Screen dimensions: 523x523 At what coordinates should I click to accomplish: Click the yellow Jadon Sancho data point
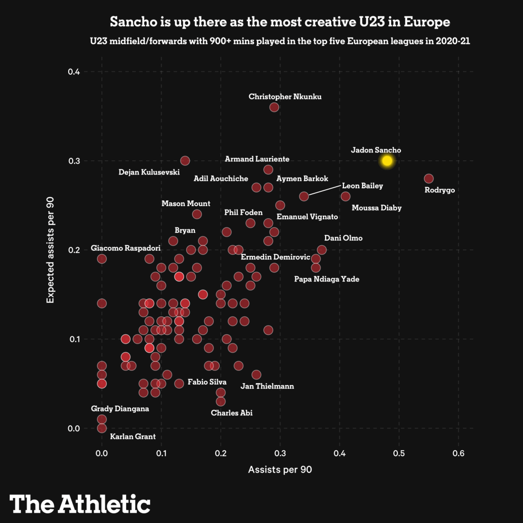point(387,161)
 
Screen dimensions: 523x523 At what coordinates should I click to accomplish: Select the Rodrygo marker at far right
point(429,179)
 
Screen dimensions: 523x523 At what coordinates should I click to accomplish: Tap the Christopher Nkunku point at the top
point(274,107)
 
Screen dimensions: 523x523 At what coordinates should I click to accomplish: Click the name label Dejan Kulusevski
point(149,172)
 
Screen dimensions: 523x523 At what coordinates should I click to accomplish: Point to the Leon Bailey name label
point(362,186)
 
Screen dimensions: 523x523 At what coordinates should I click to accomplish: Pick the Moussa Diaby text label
point(376,208)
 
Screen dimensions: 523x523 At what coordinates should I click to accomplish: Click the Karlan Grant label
point(133,437)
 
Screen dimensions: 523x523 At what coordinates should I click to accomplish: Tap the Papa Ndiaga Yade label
point(327,279)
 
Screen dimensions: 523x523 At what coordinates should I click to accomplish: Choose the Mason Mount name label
point(186,204)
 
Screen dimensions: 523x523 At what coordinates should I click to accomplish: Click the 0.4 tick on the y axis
point(74,72)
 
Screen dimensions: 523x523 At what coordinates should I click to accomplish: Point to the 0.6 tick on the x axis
point(459,453)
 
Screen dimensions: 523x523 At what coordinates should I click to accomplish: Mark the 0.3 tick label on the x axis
point(280,453)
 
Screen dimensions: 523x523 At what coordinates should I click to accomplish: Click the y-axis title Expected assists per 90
point(50,250)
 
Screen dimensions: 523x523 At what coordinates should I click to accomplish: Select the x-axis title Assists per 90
point(280,470)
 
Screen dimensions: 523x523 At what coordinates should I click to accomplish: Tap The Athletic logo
point(80,503)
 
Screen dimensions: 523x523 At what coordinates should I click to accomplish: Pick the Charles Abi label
point(231,413)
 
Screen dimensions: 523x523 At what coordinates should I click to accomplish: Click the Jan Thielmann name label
point(267,386)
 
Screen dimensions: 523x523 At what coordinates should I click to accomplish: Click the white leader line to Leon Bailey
point(325,191)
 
